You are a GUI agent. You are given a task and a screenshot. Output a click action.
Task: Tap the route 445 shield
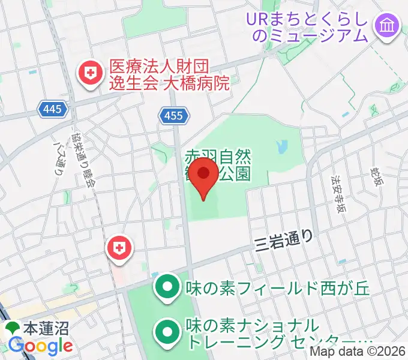coord(51,109)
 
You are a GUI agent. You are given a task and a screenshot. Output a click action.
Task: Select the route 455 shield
coord(174,115)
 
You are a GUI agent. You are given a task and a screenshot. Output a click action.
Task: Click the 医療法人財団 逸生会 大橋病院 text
coord(169,75)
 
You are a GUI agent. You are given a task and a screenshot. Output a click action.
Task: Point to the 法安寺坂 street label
coord(340,191)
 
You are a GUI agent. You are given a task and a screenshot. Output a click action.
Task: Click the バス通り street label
coord(59,158)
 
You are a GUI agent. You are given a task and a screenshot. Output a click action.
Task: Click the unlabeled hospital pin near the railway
coord(119,248)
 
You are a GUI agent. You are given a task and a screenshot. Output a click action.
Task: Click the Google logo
coord(40,346)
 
